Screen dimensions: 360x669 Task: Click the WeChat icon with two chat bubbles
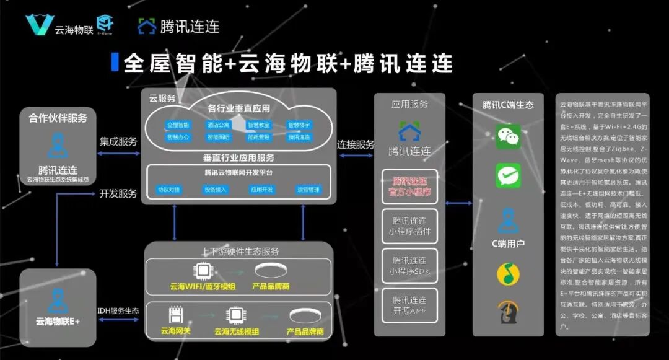509,135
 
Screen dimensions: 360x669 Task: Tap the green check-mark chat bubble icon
509,175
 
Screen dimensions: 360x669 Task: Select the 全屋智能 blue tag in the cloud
178,125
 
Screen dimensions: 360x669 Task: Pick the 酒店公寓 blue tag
218,125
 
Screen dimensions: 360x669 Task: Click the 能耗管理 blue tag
259,138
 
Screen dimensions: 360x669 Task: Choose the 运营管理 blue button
308,190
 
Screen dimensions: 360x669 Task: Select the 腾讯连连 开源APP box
409,305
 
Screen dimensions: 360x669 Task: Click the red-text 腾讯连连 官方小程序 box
409,187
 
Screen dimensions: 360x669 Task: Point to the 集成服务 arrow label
118,141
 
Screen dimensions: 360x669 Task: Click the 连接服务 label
356,144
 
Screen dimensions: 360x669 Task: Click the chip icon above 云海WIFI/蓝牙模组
202,271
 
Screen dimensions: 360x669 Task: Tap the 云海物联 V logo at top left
40,25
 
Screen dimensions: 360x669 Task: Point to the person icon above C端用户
509,221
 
